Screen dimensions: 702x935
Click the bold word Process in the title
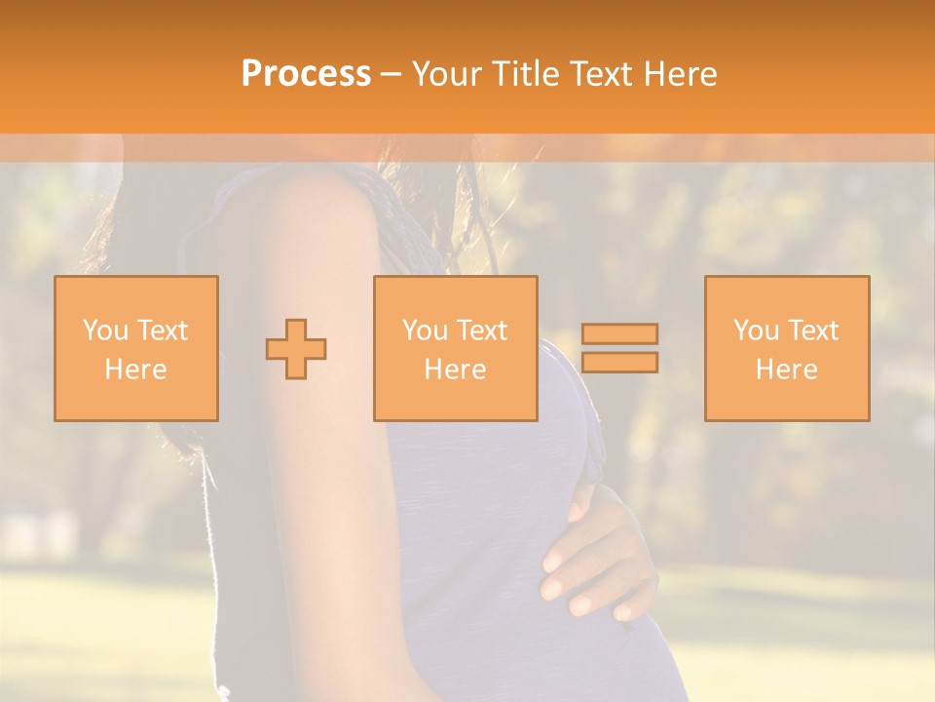coord(306,74)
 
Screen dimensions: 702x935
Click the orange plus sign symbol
coord(296,348)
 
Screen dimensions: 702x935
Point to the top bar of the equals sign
coord(619,333)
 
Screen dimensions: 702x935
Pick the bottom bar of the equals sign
coord(619,363)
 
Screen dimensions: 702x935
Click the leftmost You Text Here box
coord(136,348)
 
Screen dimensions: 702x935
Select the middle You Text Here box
coord(456,348)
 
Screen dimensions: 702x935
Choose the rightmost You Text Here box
coord(787,348)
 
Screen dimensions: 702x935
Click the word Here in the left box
coord(136,370)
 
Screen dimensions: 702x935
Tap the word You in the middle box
coord(425,331)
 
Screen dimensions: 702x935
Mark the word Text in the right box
coord(813,331)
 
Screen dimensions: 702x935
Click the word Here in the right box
coord(787,370)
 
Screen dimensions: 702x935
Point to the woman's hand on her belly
coord(594,556)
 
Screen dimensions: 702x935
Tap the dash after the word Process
coord(391,74)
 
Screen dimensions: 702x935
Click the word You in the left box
coord(104,331)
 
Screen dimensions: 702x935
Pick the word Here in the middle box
coord(456,370)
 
